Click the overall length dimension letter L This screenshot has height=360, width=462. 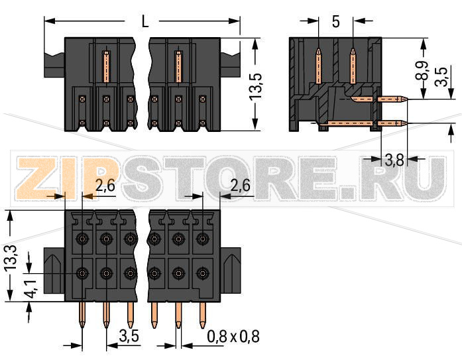coord(144,21)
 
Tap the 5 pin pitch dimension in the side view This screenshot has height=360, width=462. coord(335,22)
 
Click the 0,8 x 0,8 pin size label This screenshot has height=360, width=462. coord(233,336)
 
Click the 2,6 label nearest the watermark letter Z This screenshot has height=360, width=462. coord(105,186)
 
